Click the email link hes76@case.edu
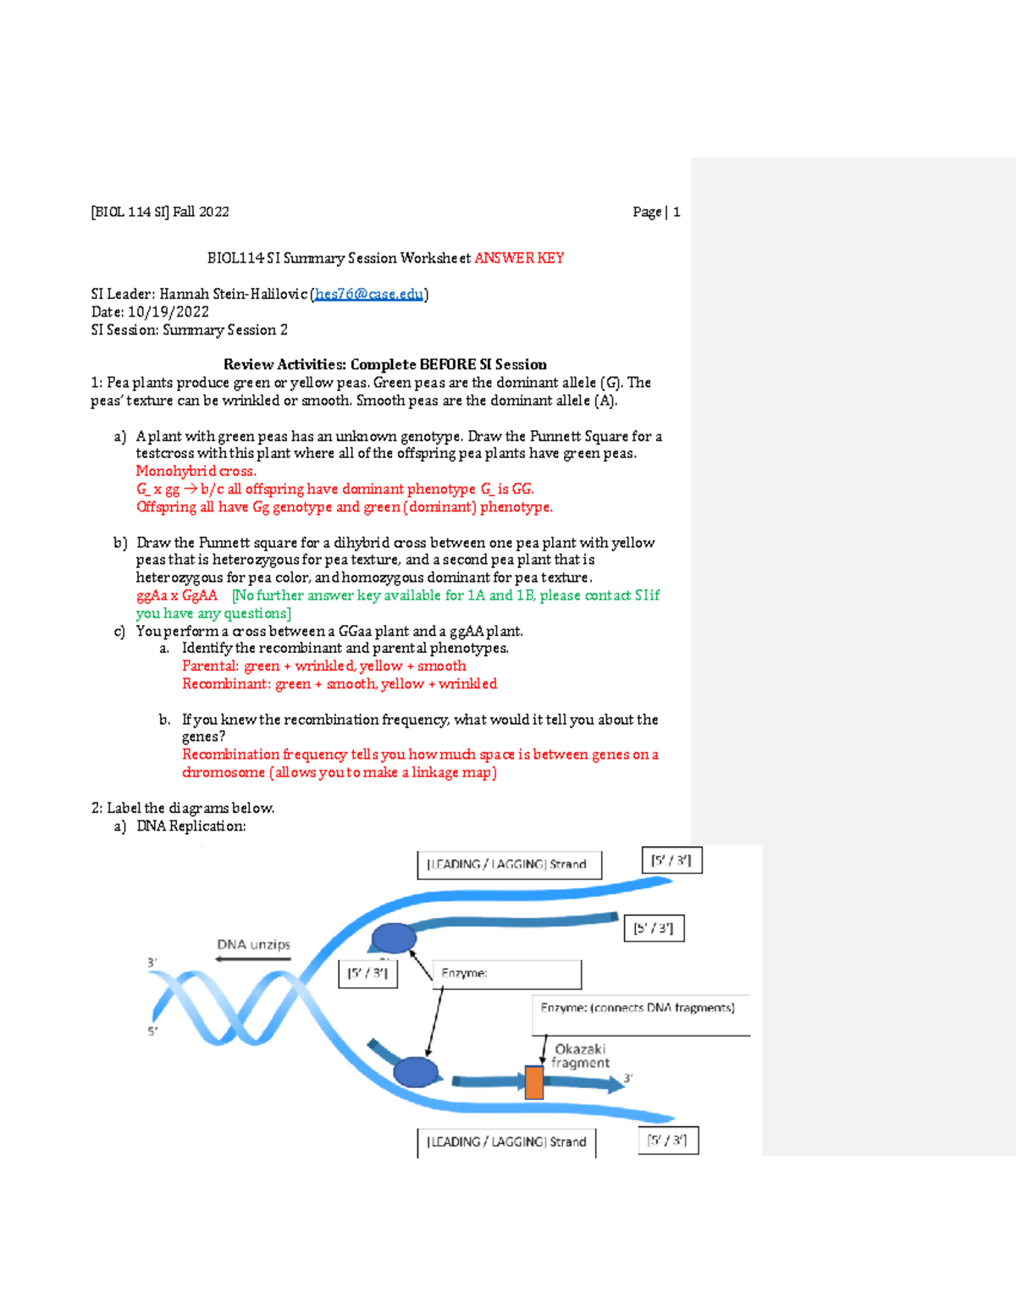coord(368,294)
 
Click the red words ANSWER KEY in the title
coord(519,258)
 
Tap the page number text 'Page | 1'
coord(656,212)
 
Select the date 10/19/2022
coord(168,312)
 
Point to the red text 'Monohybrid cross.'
coord(196,471)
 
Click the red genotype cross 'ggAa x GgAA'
coord(177,595)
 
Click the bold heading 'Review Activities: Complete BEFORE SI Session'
coord(385,364)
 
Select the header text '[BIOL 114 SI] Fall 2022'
coord(160,212)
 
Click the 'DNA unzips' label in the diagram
coord(253,944)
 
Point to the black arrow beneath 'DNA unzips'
coord(253,959)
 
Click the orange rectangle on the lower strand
coord(534,1082)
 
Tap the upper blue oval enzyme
coord(395,938)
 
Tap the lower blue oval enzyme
coord(416,1071)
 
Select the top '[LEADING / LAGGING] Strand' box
coord(509,865)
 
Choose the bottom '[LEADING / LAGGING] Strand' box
coord(506,1141)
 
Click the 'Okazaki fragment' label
coord(581,1056)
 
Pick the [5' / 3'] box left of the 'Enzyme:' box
coord(367,974)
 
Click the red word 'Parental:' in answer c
coord(211,666)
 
